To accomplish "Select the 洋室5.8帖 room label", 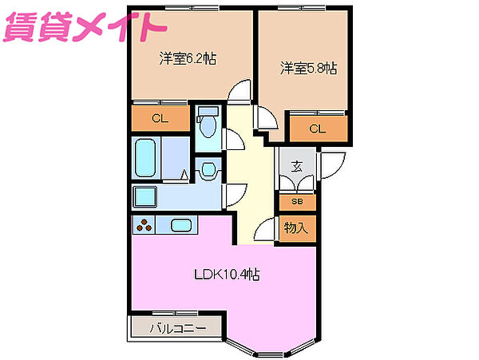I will click(x=307, y=68).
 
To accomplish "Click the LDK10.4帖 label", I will click(x=228, y=275).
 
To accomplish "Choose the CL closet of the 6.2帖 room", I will click(x=160, y=119).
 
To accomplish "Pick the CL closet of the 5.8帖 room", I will click(x=318, y=128).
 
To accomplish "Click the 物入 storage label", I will click(x=296, y=227).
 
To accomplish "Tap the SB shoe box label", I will click(x=296, y=202).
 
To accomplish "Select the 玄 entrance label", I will click(x=296, y=167).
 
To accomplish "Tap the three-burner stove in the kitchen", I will click(x=145, y=226).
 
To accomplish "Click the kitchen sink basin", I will click(x=181, y=226).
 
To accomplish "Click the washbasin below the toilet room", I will click(x=208, y=168).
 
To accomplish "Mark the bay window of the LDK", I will click(x=268, y=343).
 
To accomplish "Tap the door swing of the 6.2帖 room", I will click(x=238, y=93).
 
